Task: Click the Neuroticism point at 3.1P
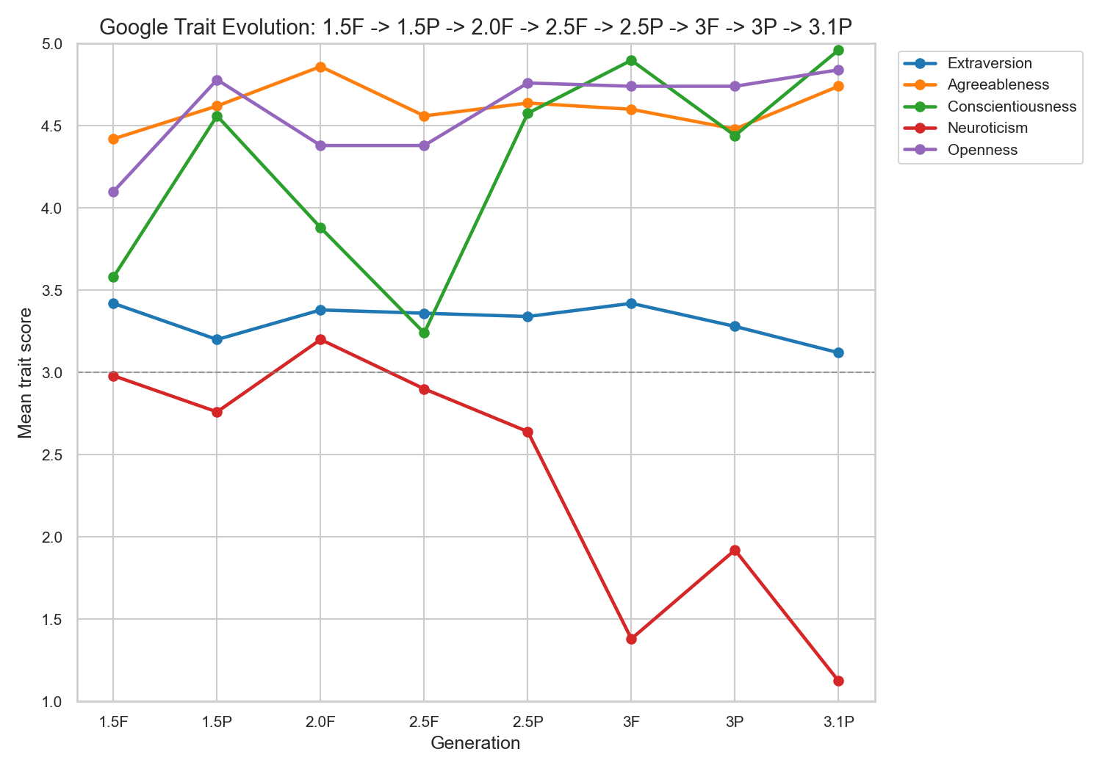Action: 838,681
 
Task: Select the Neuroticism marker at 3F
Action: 631,639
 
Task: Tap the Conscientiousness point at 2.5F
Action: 424,333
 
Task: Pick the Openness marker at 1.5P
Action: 217,80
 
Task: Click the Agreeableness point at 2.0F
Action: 320,67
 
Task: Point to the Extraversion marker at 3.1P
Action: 838,352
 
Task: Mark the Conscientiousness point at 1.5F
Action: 113,277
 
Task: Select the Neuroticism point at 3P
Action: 735,550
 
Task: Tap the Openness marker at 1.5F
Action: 113,192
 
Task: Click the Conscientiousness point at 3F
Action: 631,60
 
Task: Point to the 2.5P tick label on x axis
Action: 527,722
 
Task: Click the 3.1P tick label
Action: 838,722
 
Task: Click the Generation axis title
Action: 475,743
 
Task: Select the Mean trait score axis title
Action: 26,372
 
